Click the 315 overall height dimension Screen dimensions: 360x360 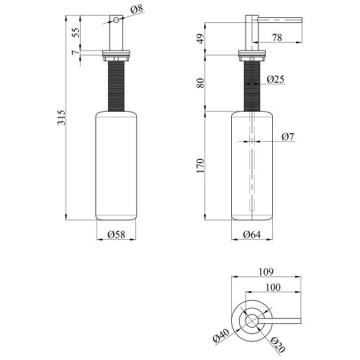(x=62, y=117)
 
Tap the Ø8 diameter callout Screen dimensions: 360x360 (x=137, y=9)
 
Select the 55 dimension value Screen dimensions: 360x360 (x=76, y=32)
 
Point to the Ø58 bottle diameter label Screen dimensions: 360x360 (x=117, y=235)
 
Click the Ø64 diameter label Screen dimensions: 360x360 (x=252, y=235)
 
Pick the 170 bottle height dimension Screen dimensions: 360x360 (x=200, y=166)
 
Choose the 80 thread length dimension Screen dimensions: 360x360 (x=201, y=83)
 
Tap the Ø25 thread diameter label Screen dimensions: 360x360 (x=276, y=79)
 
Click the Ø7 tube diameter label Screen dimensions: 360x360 (x=287, y=137)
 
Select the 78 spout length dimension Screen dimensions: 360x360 (x=276, y=37)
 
